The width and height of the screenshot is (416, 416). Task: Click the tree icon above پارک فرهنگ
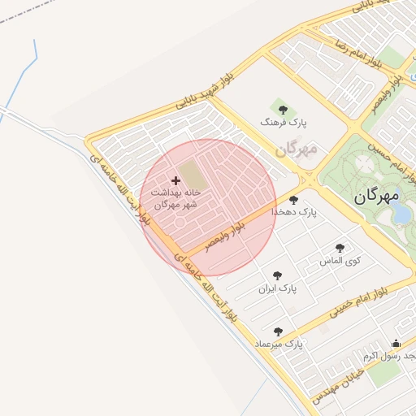tap(283, 109)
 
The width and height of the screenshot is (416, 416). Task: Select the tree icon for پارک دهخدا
tap(293, 199)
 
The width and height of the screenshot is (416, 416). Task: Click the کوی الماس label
tap(341, 261)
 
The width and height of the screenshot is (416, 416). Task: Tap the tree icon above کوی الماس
tap(340, 248)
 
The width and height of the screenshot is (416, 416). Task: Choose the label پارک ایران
tap(278, 288)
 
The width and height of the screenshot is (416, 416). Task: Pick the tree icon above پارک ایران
tap(278, 275)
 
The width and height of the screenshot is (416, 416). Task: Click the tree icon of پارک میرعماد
tap(279, 331)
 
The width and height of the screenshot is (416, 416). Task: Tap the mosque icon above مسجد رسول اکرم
tap(396, 344)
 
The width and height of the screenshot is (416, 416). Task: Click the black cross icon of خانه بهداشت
tap(175, 180)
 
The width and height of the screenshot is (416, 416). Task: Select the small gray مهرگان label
tap(293, 150)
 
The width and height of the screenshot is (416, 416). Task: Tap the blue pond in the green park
tap(401, 213)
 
